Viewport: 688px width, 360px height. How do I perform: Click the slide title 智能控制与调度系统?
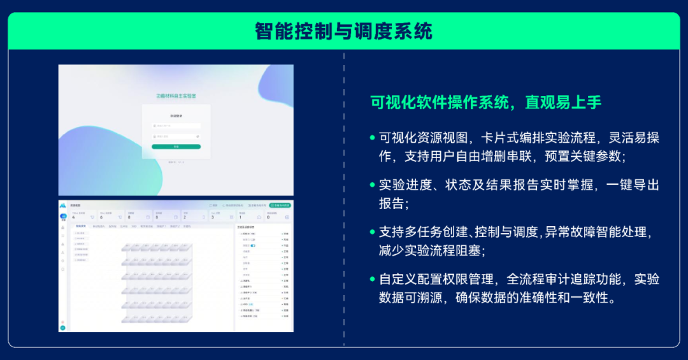click(343, 31)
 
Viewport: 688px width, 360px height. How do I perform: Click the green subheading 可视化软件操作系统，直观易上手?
click(485, 103)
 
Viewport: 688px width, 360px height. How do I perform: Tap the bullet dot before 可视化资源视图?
click(373, 138)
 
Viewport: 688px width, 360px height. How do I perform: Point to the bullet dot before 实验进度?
click(373, 185)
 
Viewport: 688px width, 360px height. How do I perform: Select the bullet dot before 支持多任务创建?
click(373, 232)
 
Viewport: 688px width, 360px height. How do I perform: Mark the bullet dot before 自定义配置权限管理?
click(373, 279)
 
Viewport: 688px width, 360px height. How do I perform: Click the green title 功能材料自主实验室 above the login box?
click(176, 96)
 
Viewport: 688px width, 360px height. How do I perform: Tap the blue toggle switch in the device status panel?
click(253, 245)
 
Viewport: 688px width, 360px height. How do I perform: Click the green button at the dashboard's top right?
click(280, 206)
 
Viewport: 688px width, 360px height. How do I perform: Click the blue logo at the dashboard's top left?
click(63, 206)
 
